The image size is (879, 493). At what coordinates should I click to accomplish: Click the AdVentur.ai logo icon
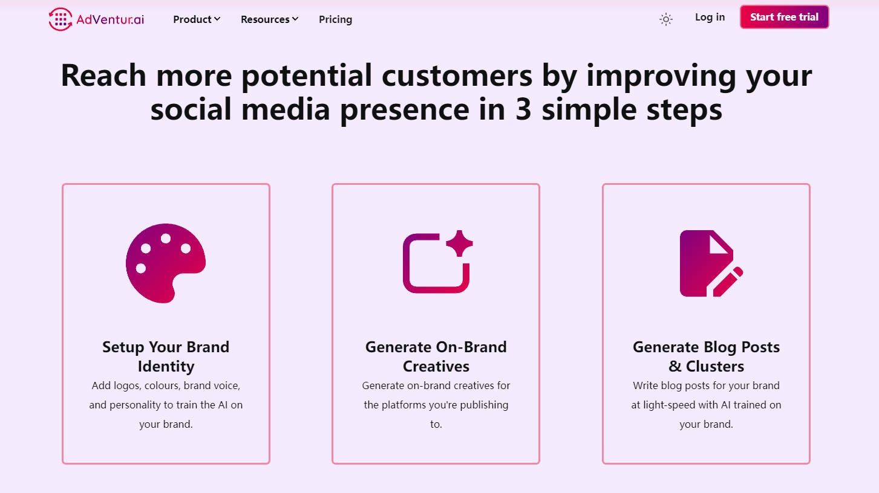pos(60,19)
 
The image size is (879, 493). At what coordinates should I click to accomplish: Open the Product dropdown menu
pos(197,19)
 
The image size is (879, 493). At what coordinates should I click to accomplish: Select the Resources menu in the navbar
pos(270,19)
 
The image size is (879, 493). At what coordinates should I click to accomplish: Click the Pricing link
pos(336,19)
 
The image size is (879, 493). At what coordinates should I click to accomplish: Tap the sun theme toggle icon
pos(666,19)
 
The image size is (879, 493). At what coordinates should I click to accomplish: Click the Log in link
pos(710,18)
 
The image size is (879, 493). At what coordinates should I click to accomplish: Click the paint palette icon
pos(166,263)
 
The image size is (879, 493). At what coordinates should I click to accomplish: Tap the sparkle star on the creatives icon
pos(460,243)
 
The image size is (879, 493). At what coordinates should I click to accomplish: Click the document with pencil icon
pos(711,263)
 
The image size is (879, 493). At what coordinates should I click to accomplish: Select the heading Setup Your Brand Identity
pos(166,356)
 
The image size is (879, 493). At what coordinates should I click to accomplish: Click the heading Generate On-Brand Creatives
pos(436,356)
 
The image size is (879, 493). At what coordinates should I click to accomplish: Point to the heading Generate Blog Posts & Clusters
pos(707,356)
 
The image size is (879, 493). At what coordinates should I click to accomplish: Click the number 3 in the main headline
pos(523,109)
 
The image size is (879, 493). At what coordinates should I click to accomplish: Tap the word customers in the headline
pos(457,76)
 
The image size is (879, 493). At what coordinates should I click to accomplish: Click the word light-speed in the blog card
pos(669,405)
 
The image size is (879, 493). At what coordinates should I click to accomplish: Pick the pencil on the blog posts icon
pos(728,282)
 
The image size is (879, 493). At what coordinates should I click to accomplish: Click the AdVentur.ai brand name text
pos(110,19)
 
